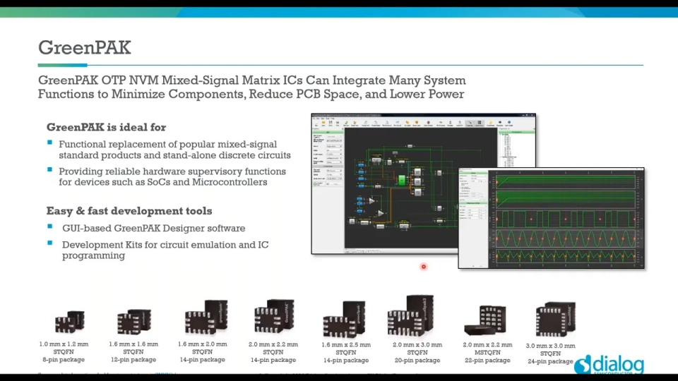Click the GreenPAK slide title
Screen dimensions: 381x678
pyautogui.click(x=84, y=48)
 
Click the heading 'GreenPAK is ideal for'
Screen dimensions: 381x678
pyautogui.click(x=106, y=128)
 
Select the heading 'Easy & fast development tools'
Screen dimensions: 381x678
pyautogui.click(x=129, y=211)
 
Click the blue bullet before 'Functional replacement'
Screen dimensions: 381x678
pyautogui.click(x=50, y=143)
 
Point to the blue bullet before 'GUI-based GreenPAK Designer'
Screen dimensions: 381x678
pyautogui.click(x=50, y=227)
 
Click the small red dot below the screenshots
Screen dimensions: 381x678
pyautogui.click(x=424, y=267)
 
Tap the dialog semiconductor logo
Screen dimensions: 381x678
pyautogui.click(x=609, y=365)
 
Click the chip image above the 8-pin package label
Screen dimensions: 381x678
pyautogui.click(x=69, y=322)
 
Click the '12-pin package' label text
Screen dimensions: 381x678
pyautogui.click(x=133, y=360)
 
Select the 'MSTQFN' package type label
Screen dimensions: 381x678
pyautogui.click(x=487, y=353)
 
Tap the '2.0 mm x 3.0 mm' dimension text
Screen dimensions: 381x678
pyautogui.click(x=417, y=345)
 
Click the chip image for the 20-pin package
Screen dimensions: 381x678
pyautogui.click(x=412, y=316)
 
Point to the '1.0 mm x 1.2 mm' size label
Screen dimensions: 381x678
pyautogui.click(x=64, y=344)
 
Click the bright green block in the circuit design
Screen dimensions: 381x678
pyautogui.click(x=401, y=180)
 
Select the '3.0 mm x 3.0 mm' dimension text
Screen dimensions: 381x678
pyautogui.click(x=551, y=346)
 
